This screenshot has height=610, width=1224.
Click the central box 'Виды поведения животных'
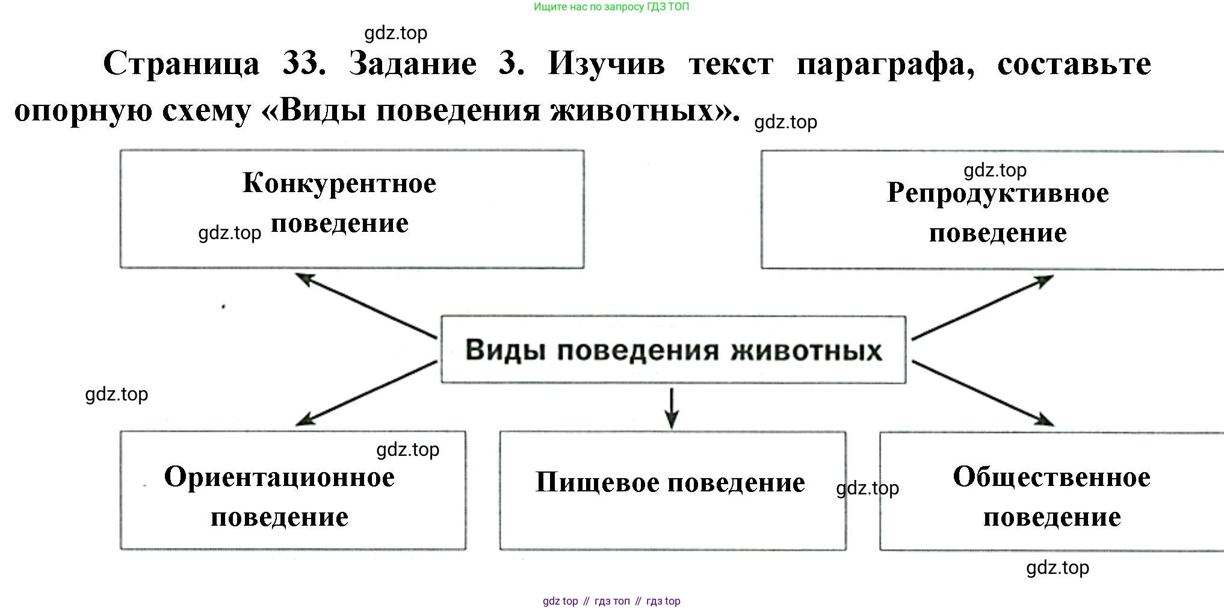tap(673, 349)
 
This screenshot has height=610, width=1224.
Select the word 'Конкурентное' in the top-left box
tap(339, 183)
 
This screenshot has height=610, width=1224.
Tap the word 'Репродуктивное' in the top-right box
tap(998, 194)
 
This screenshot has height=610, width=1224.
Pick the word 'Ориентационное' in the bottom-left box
tap(280, 478)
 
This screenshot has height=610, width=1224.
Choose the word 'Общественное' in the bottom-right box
tap(1051, 478)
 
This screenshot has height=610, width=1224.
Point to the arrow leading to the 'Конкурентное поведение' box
tap(366, 305)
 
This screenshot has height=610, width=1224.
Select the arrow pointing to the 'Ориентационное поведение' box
tap(366, 393)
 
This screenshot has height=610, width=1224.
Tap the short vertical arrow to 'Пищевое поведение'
tap(672, 408)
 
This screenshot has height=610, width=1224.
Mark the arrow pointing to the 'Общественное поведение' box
tap(982, 393)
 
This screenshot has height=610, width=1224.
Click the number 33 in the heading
tap(304, 64)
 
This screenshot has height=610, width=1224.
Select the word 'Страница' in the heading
tap(182, 64)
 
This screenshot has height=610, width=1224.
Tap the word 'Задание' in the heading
tap(413, 64)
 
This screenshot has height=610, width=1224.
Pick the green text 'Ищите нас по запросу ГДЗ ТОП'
tap(611, 7)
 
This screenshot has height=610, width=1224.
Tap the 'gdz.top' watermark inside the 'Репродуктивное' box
tap(995, 170)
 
